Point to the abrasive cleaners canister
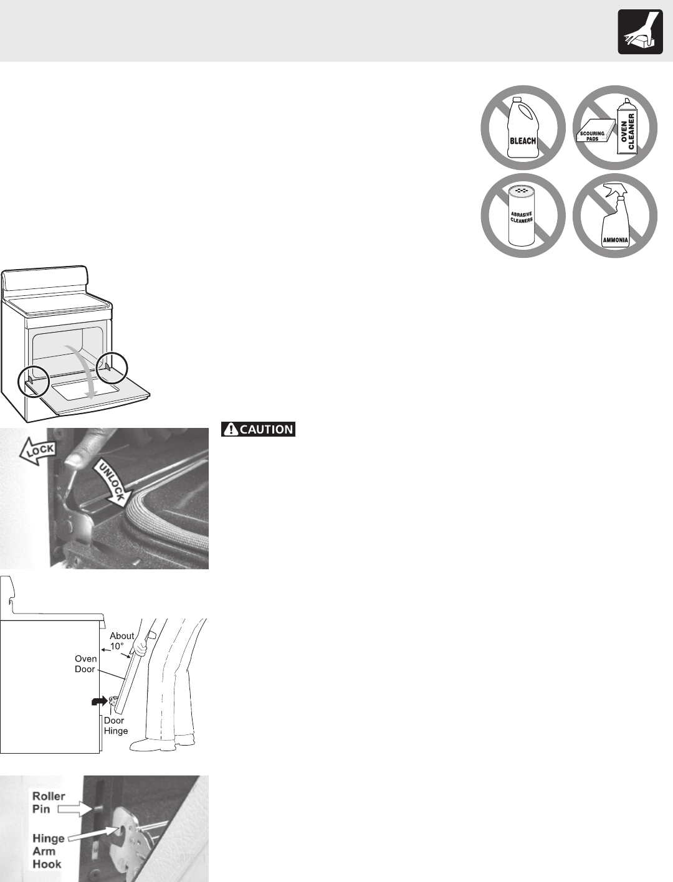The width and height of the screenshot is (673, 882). (x=522, y=216)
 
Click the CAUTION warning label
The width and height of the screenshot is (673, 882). (x=258, y=429)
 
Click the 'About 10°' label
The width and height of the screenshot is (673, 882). (x=122, y=641)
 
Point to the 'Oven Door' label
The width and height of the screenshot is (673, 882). (x=85, y=663)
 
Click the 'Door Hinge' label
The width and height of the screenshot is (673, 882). (x=115, y=725)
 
